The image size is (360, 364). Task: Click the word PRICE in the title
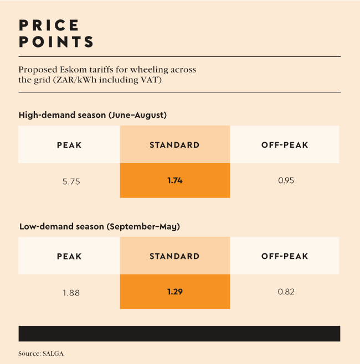(x=49, y=25)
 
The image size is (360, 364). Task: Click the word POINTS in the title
(x=56, y=42)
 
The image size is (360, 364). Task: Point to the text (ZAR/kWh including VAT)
(x=82, y=80)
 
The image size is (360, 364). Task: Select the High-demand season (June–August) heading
(x=92, y=115)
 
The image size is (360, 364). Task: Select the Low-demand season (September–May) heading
(x=99, y=227)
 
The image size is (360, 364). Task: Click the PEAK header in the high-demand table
(x=69, y=145)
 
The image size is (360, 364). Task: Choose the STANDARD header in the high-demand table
(x=174, y=145)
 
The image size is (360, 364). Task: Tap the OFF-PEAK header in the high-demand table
(x=285, y=145)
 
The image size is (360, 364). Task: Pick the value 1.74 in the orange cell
(x=174, y=180)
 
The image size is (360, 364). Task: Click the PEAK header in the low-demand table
(x=69, y=256)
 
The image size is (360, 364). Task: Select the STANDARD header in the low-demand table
(x=174, y=256)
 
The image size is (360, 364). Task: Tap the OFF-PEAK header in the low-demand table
(x=285, y=256)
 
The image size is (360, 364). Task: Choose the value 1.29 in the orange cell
(x=174, y=292)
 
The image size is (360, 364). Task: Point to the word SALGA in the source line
(x=54, y=352)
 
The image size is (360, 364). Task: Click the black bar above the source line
(x=179, y=334)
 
